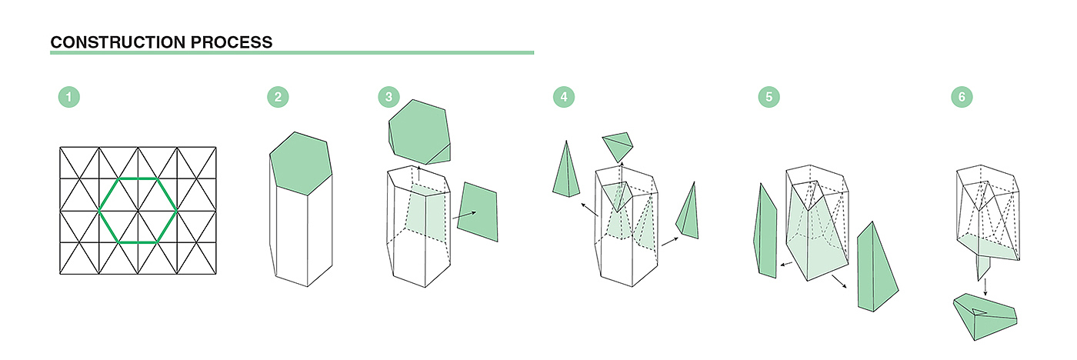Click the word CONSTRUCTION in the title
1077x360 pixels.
(x=118, y=42)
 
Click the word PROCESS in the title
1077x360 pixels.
(x=232, y=42)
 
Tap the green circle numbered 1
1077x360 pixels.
(x=68, y=97)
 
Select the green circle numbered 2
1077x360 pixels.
(x=278, y=97)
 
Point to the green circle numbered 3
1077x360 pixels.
(x=389, y=97)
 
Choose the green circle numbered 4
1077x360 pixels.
(x=564, y=97)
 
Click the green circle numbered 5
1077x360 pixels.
(x=769, y=97)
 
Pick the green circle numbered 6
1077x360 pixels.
(x=962, y=97)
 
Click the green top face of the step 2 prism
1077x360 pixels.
(x=301, y=163)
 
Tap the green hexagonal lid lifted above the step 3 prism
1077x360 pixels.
(x=419, y=132)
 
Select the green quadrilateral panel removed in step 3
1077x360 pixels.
(x=478, y=212)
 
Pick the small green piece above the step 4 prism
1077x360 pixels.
(x=618, y=146)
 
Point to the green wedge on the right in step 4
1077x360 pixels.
(x=689, y=214)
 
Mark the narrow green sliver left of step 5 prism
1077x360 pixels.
(x=765, y=231)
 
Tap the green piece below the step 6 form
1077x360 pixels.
(x=985, y=317)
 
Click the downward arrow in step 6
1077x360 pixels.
(x=985, y=287)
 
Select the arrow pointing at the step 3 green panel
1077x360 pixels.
(x=464, y=215)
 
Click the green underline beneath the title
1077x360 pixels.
(x=292, y=53)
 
